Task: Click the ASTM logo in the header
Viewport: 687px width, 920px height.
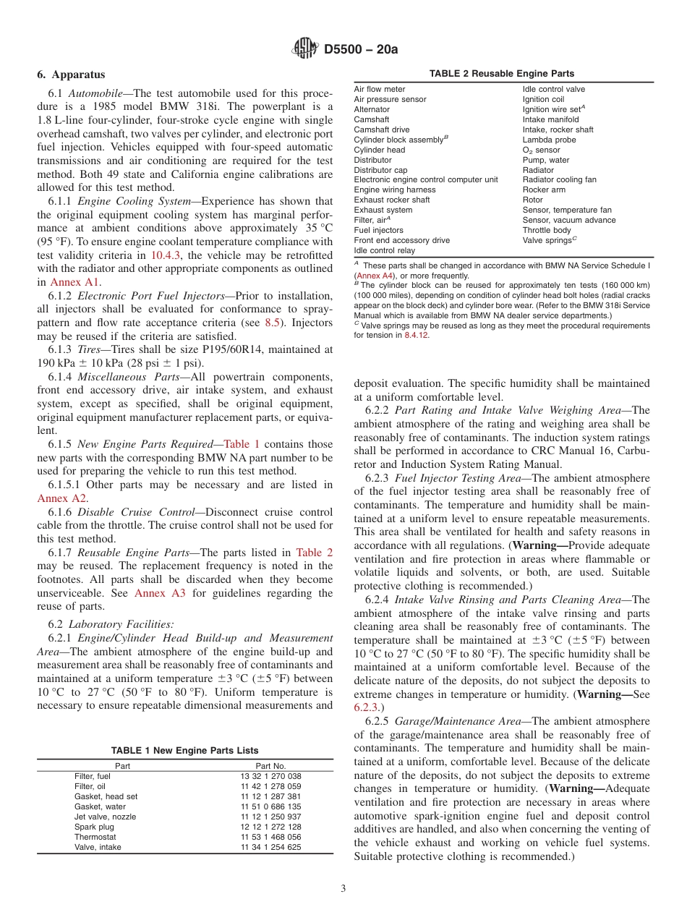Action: click(x=304, y=48)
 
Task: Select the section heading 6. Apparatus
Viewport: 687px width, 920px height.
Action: click(x=71, y=74)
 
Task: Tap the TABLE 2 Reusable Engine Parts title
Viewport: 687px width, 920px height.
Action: click(x=502, y=74)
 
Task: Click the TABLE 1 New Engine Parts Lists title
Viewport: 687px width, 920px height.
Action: click(x=184, y=751)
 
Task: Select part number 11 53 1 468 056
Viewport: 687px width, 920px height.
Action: click(x=271, y=837)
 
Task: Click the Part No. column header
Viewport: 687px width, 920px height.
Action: click(x=271, y=766)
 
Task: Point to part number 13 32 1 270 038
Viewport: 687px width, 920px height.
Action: click(x=271, y=776)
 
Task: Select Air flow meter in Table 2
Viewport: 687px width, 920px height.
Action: click(x=379, y=89)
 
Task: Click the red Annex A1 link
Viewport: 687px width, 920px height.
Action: click(x=85, y=282)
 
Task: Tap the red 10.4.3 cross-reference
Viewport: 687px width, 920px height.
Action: click(x=166, y=255)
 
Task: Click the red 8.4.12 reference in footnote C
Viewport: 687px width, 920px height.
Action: click(x=415, y=336)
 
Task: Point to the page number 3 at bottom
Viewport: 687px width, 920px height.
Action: click(x=343, y=888)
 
